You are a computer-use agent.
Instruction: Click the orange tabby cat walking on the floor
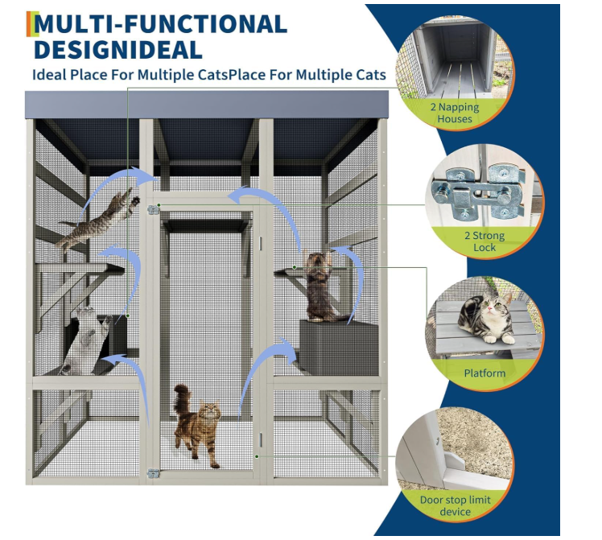click(x=198, y=426)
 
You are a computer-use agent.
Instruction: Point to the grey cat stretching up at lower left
click(x=88, y=340)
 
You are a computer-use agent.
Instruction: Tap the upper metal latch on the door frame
click(x=154, y=209)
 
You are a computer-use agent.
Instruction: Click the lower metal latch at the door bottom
click(x=154, y=473)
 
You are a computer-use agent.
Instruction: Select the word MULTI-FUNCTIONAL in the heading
click(x=160, y=24)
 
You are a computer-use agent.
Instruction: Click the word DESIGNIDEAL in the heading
click(x=118, y=50)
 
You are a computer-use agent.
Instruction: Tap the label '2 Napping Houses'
click(x=455, y=113)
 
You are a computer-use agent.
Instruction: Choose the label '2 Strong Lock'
click(x=484, y=241)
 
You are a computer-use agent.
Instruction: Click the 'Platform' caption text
click(x=484, y=373)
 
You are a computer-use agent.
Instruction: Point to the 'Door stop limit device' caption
click(x=456, y=505)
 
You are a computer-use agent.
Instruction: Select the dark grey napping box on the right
click(x=339, y=348)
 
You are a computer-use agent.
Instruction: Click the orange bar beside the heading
click(x=28, y=24)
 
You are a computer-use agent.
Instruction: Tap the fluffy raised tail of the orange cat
click(x=182, y=399)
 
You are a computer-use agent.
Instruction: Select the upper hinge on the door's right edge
click(x=261, y=243)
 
